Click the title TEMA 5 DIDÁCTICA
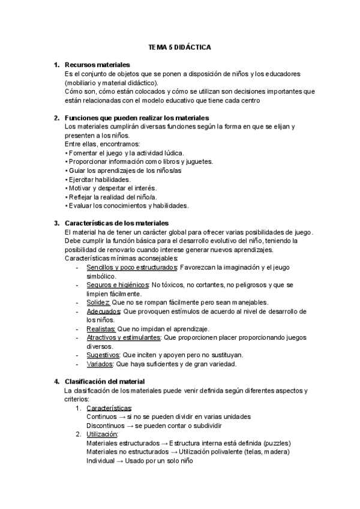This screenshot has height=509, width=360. [180, 46]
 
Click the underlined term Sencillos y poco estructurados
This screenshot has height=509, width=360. [131, 267]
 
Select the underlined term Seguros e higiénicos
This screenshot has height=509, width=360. [118, 285]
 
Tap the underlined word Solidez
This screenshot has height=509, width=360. [98, 303]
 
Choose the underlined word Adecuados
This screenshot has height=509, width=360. [103, 312]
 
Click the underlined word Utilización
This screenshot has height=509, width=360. [102, 434]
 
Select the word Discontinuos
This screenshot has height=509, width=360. [106, 426]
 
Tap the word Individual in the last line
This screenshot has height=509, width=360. [101, 460]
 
